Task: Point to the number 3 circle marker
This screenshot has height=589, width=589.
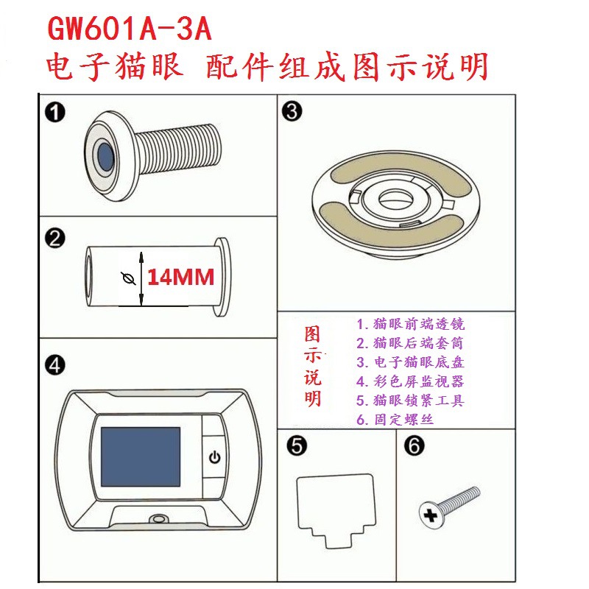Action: pos(292,113)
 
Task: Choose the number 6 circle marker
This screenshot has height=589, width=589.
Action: pos(414,446)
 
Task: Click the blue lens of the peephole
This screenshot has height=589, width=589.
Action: pos(105,155)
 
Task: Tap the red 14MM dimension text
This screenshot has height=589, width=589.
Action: pos(180,277)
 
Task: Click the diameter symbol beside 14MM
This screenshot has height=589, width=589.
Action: pos(130,278)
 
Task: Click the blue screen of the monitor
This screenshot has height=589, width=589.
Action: pos(140,456)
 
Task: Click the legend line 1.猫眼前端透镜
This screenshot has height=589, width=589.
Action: pos(410,324)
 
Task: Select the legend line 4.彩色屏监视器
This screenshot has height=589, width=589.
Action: pos(410,381)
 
